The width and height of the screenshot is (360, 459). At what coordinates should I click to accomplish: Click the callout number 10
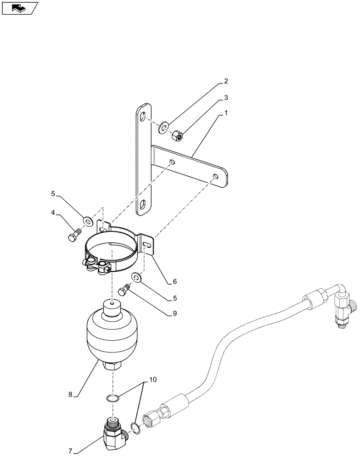coord(153,381)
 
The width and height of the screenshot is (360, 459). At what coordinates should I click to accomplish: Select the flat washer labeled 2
coord(163,127)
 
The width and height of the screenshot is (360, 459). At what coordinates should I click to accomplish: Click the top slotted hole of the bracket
coord(144,118)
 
